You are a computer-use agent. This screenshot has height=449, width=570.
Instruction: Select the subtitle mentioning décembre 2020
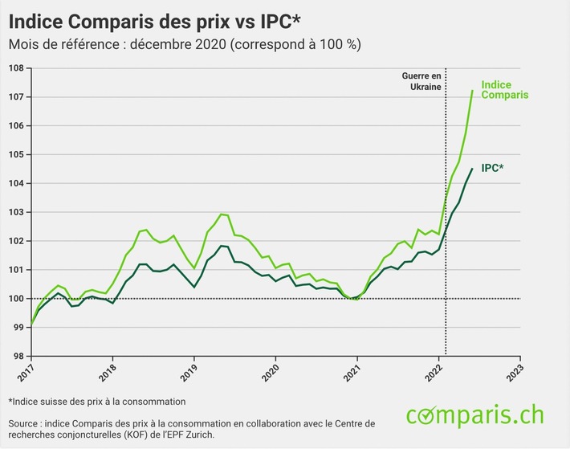184,44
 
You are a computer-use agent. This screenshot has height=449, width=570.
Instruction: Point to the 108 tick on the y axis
17,68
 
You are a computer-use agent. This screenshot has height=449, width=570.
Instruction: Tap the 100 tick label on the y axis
17,299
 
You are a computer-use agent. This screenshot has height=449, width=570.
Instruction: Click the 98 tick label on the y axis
17,357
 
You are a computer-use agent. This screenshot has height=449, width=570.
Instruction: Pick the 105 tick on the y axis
17,155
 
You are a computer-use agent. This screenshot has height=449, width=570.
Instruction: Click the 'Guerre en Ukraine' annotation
422,81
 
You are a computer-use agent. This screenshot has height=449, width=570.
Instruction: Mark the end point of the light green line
472,91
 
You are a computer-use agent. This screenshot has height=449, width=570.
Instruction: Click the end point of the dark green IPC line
472,169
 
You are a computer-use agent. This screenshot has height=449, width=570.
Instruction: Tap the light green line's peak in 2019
222,214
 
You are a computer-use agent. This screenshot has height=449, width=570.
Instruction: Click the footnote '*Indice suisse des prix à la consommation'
97,401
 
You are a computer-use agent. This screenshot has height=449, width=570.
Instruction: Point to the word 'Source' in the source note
25,422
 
